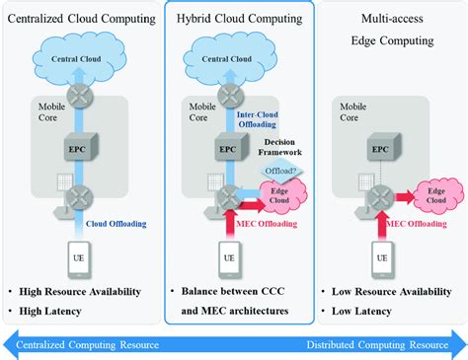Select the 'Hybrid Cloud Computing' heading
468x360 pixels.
click(x=233, y=19)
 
